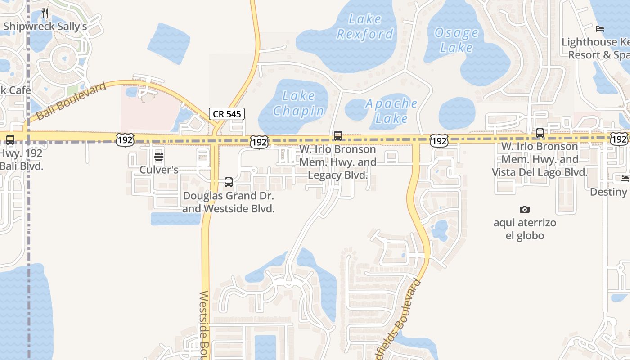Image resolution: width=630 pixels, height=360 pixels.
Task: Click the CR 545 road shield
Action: pyautogui.click(x=227, y=114)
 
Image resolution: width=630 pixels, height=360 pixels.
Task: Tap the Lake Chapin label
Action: pyautogui.click(x=298, y=103)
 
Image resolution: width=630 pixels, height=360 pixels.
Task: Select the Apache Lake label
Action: pyautogui.click(x=391, y=111)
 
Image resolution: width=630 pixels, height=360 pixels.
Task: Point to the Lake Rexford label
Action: pyautogui.click(x=365, y=27)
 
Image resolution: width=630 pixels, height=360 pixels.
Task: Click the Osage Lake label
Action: pyautogui.click(x=456, y=40)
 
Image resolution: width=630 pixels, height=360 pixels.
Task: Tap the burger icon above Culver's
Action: pyautogui.click(x=159, y=157)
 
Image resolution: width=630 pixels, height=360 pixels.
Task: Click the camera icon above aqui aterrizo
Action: pyautogui.click(x=524, y=209)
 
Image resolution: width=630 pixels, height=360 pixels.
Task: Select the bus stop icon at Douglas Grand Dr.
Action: pyautogui.click(x=229, y=182)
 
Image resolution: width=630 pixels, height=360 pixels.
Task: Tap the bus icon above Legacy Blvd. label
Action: pyautogui.click(x=338, y=136)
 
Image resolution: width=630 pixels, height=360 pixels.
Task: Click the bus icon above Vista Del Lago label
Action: pyautogui.click(x=540, y=133)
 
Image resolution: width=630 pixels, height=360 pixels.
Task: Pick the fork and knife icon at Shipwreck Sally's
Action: pyautogui.click(x=45, y=13)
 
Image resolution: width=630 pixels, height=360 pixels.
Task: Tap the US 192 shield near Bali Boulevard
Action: pyautogui.click(x=124, y=140)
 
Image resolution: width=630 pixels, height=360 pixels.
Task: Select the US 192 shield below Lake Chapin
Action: pyautogui.click(x=260, y=142)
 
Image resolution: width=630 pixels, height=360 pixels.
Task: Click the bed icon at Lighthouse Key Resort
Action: pyautogui.click(x=599, y=29)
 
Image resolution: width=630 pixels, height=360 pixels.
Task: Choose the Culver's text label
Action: pyautogui.click(x=159, y=170)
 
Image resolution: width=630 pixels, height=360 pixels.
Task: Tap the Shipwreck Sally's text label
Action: pyautogui.click(x=45, y=26)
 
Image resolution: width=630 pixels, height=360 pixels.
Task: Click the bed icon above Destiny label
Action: pyautogui.click(x=625, y=179)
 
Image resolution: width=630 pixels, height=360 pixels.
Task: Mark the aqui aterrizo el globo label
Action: pyautogui.click(x=525, y=229)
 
